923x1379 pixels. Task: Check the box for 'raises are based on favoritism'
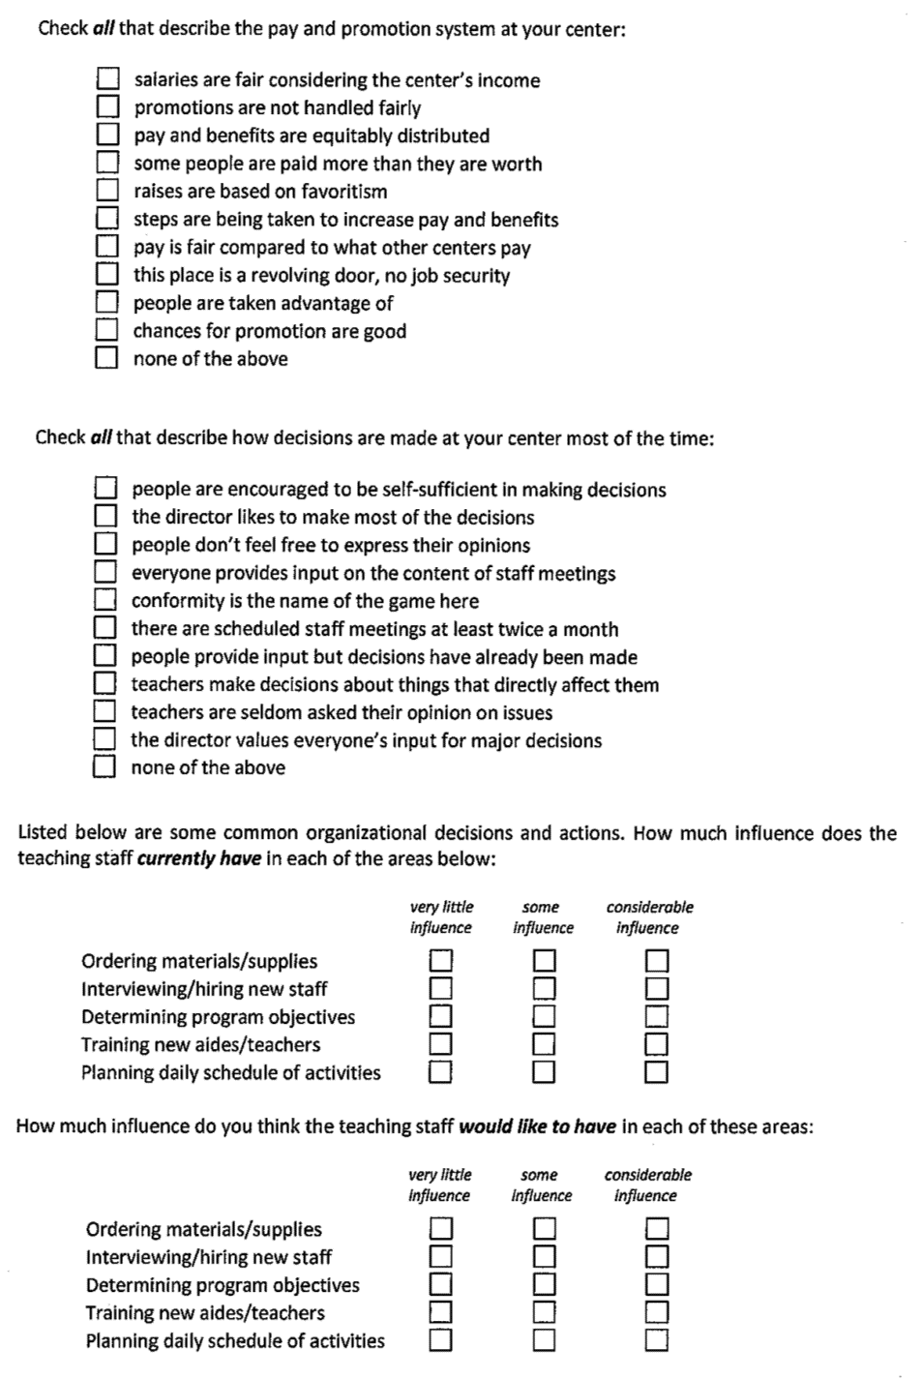coord(107,191)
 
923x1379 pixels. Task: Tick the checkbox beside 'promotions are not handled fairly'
coord(107,106)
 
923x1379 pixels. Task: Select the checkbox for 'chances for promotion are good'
coord(107,330)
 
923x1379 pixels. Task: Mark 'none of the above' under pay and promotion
coord(107,358)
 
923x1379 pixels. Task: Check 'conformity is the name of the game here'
coord(105,600)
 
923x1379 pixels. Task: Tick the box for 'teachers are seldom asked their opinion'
coord(105,711)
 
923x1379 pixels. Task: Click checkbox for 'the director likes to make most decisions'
coord(105,516)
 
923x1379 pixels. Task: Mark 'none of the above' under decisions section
coord(105,766)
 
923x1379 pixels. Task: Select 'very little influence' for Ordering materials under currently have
coord(441,960)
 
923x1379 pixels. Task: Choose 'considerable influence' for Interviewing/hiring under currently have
coord(657,988)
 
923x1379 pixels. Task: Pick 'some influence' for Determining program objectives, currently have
coord(545,1016)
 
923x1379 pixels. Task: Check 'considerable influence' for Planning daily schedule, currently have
coord(657,1071)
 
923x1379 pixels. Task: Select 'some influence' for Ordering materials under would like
coord(545,1228)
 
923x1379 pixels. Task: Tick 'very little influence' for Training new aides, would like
coord(441,1312)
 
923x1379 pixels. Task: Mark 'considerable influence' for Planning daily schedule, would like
coord(657,1340)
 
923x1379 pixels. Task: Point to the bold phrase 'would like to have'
coord(537,1126)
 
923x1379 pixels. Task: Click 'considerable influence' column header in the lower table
coord(647,1184)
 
